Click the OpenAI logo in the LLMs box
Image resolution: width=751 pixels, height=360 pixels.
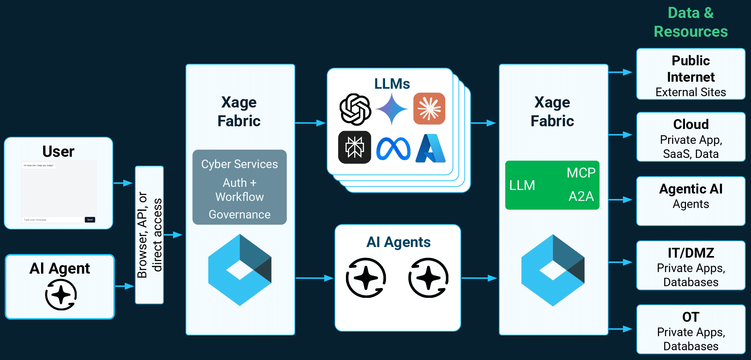pos(355,109)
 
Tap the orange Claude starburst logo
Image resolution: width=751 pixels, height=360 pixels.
pos(429,109)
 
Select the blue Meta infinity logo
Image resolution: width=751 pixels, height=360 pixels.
pos(393,149)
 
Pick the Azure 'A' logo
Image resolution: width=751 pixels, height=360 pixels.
pos(430,149)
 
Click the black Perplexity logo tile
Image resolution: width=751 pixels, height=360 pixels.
pos(355,147)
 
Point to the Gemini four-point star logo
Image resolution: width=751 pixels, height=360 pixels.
pos(392,109)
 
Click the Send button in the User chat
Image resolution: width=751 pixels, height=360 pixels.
pos(90,220)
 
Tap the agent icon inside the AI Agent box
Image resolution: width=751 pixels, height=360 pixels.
pos(61,295)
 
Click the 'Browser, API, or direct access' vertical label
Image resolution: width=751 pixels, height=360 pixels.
pos(149,235)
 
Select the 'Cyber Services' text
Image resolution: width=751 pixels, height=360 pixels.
pos(239,164)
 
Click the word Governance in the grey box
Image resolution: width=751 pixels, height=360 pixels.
pos(239,215)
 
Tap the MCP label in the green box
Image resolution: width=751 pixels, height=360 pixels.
pos(581,173)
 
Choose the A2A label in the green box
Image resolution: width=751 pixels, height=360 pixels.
pos(581,196)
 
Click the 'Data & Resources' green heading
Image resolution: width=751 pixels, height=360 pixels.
pos(690,22)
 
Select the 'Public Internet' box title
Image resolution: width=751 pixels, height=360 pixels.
pos(690,69)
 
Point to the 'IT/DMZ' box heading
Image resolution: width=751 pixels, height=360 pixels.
pos(690,253)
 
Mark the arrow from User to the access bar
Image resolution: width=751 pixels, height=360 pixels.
pos(123,183)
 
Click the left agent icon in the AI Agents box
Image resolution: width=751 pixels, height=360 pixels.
pos(366,278)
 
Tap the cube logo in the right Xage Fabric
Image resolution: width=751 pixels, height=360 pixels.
pos(552,270)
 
